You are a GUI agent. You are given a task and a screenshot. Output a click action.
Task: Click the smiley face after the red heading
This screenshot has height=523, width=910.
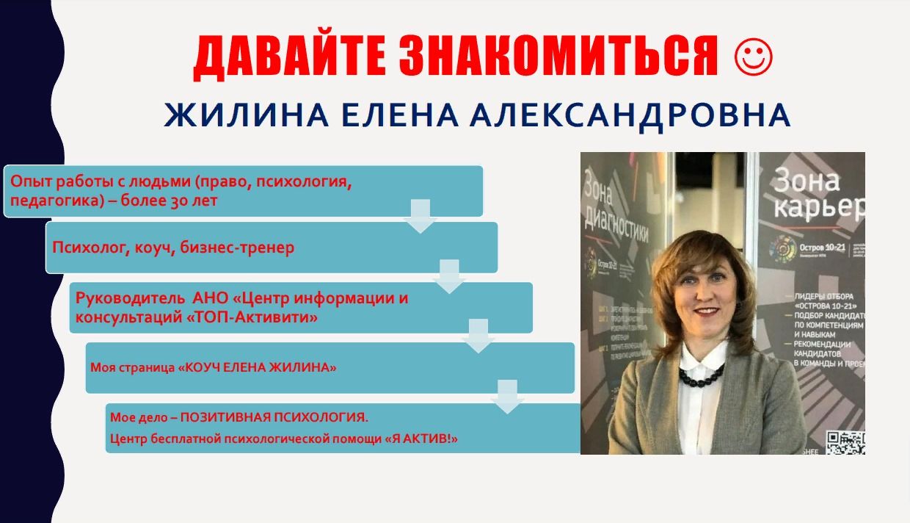point(753,57)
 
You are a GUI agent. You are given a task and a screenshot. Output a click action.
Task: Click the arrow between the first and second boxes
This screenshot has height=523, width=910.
point(421,215)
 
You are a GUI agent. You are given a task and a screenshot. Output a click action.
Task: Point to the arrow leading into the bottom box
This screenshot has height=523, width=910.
point(508,397)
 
